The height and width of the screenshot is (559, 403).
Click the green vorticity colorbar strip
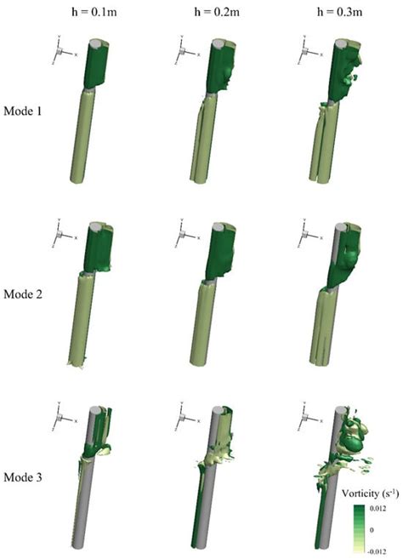359,528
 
